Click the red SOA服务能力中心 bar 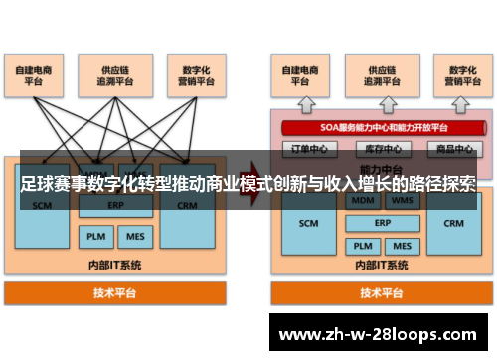(378, 127)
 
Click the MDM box (362, 201)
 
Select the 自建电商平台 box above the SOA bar (299, 76)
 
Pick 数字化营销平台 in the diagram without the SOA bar (191, 76)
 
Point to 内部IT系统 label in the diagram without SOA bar (115, 265)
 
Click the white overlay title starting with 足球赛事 (248, 185)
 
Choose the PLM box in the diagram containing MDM (362, 245)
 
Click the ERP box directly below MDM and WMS (381, 223)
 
